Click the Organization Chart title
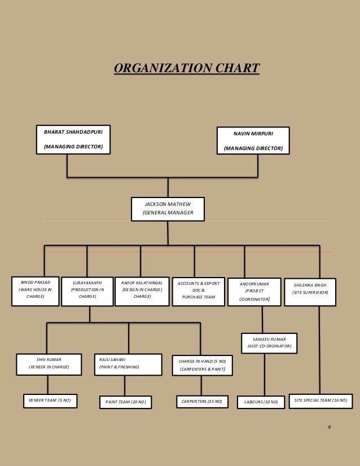pyautogui.click(x=186, y=69)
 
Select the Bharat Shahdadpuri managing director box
pyautogui.click(x=73, y=139)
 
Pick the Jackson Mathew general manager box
pyautogui.click(x=168, y=209)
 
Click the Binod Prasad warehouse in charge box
pyautogui.click(x=36, y=291)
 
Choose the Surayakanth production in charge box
pyautogui.click(x=87, y=292)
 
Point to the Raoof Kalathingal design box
pyautogui.click(x=142, y=292)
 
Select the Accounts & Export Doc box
pyautogui.click(x=195, y=292)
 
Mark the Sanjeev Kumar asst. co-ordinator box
pyautogui.click(x=269, y=342)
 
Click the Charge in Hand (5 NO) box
pyautogui.click(x=202, y=366)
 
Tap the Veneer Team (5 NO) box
pyautogui.click(x=50, y=401)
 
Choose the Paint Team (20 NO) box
pyautogui.click(x=126, y=402)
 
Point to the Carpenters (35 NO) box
pyautogui.click(x=202, y=402)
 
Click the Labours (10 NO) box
pyautogui.click(x=261, y=402)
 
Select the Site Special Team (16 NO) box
pyautogui.click(x=321, y=400)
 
